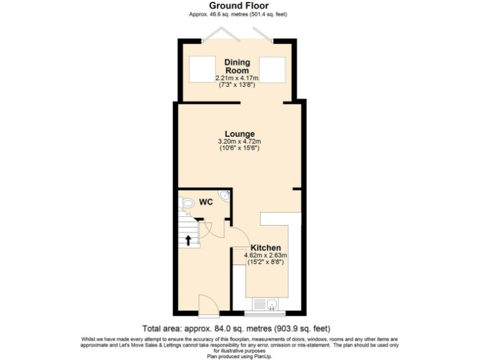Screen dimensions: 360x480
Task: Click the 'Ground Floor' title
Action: point(239,6)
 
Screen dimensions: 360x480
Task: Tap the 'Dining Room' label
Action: point(237,66)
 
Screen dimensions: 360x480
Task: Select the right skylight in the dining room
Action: point(273,68)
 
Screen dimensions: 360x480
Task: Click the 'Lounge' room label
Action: point(240,134)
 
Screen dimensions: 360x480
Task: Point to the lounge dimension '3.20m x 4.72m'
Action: point(240,141)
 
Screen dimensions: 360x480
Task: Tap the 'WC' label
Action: point(206,202)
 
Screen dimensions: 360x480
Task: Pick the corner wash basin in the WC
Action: point(226,197)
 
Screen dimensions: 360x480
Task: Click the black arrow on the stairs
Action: point(187,240)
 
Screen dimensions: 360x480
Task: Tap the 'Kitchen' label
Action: point(266,247)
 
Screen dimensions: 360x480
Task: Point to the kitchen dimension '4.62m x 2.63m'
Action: point(266,255)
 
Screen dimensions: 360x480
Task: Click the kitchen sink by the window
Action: point(272,305)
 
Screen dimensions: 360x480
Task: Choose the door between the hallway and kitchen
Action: point(237,237)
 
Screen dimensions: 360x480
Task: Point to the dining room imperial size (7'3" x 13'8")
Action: point(237,84)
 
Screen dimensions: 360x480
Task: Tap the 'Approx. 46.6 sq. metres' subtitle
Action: point(239,14)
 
